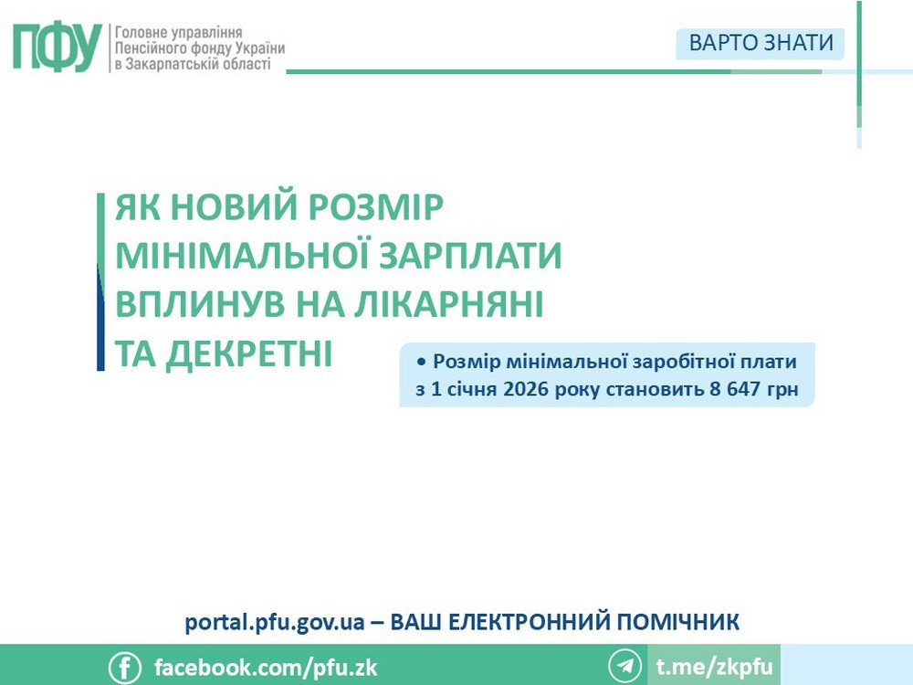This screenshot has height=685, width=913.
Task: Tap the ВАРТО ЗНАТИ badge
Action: pos(761,43)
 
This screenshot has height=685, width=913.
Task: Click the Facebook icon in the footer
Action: pos(125,667)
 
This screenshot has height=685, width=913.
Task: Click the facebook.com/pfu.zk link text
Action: pos(266,667)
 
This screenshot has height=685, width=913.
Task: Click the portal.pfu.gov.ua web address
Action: pos(275,623)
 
